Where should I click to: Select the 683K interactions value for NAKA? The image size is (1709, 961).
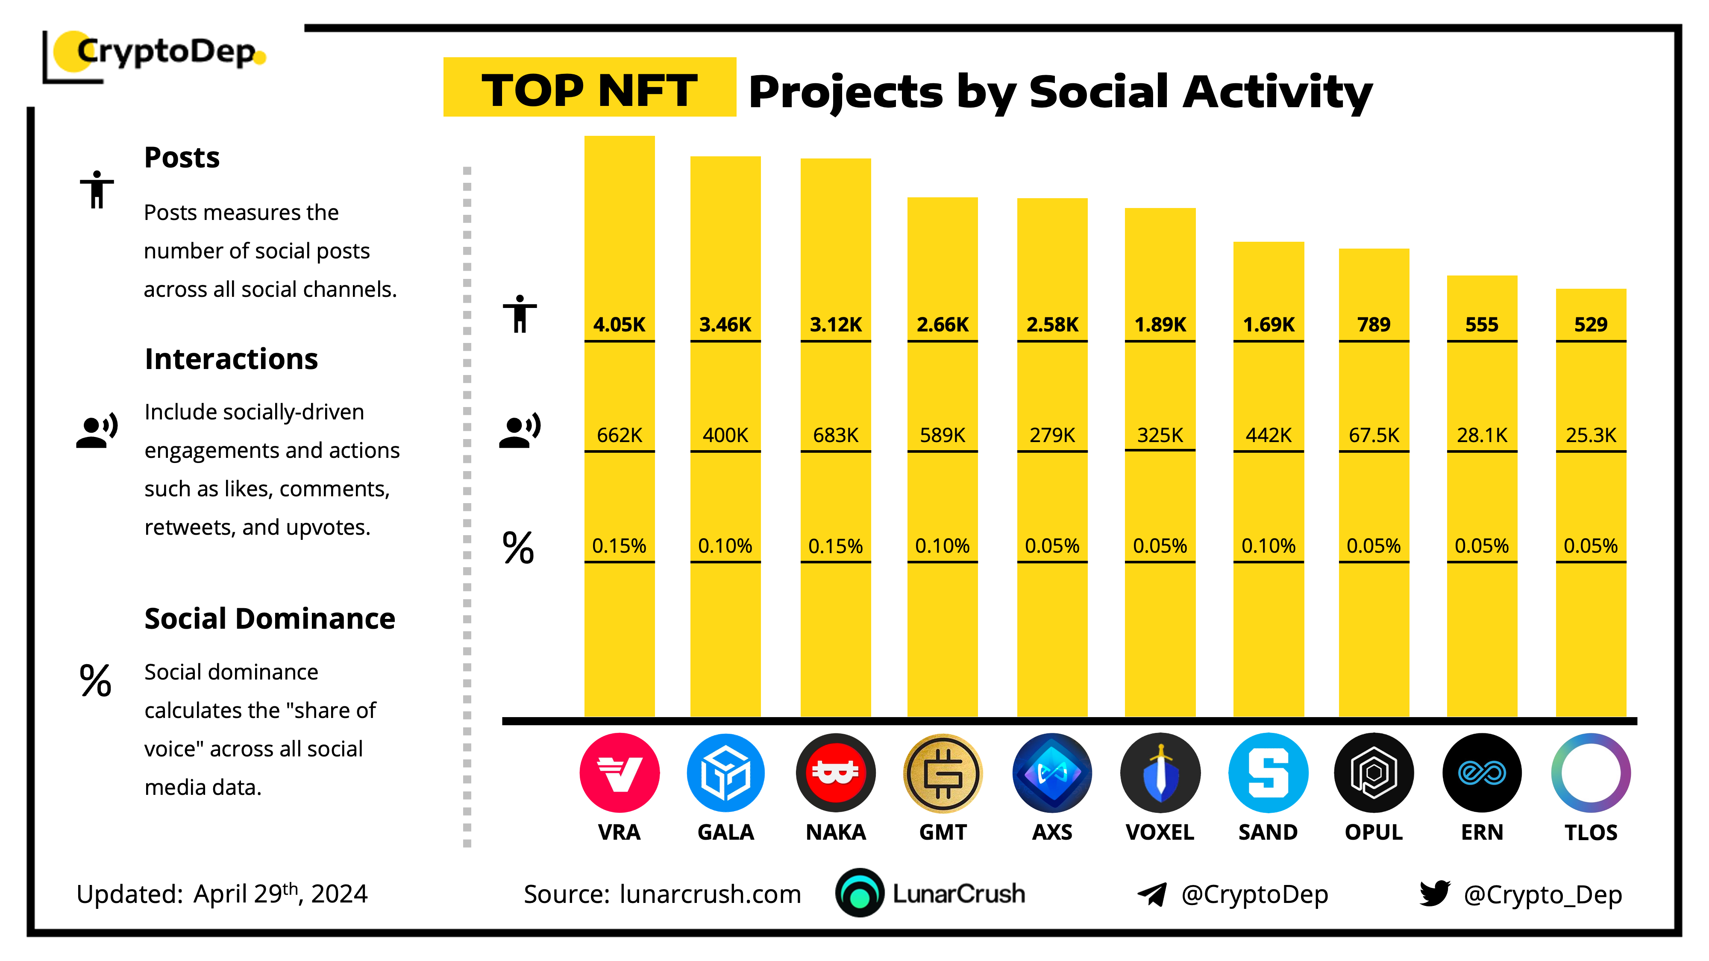(835, 435)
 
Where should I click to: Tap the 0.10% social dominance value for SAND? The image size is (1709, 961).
(1268, 546)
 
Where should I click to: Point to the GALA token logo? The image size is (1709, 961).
(726, 773)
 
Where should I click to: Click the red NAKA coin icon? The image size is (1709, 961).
(835, 773)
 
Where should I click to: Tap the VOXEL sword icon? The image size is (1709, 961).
(1160, 773)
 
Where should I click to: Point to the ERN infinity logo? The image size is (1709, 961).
(1481, 773)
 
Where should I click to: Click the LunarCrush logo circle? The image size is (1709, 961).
(860, 894)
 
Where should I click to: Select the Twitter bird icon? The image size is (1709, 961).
(1434, 894)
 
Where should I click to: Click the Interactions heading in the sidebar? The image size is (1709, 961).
(231, 359)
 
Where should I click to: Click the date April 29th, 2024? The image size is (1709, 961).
(280, 894)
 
